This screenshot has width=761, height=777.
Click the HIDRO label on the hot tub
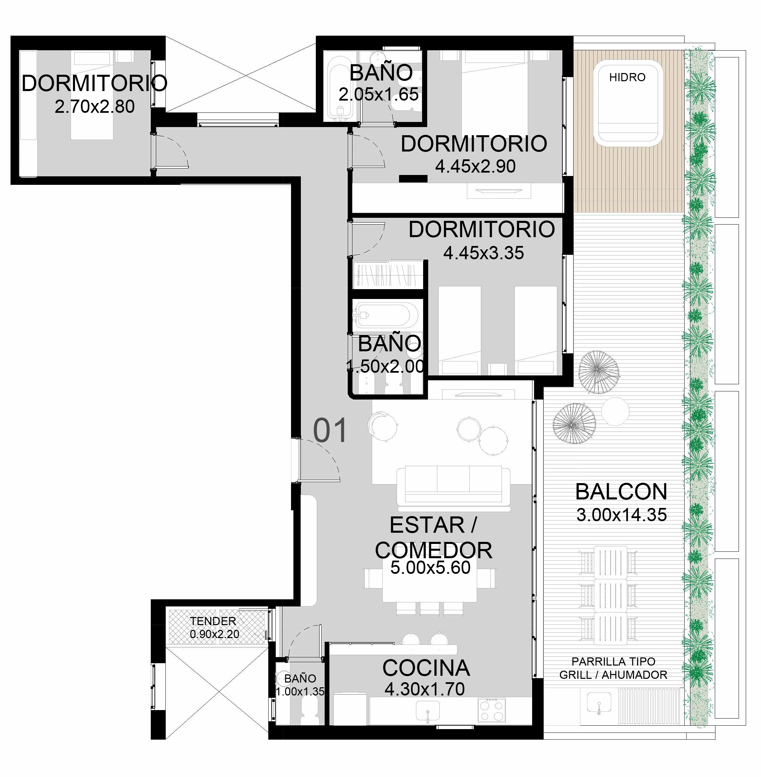tap(627, 77)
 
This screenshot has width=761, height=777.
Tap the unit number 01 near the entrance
tap(330, 430)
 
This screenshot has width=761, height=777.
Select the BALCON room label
tap(621, 492)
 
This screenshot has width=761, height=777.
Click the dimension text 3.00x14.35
tap(621, 515)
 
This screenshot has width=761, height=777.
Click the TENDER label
tap(213, 621)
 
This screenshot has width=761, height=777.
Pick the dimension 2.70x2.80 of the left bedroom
tap(95, 107)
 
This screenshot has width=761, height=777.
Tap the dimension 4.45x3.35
tap(484, 253)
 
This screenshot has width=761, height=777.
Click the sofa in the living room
tap(454, 488)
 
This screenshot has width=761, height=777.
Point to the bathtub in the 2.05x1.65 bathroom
tap(339, 88)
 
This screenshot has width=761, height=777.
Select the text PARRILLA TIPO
tap(614, 661)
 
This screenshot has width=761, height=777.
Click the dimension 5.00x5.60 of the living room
tap(431, 568)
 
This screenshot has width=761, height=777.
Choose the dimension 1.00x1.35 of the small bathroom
tap(300, 691)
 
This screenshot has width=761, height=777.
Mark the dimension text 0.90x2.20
tap(215, 634)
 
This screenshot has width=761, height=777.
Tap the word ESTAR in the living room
tap(427, 525)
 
